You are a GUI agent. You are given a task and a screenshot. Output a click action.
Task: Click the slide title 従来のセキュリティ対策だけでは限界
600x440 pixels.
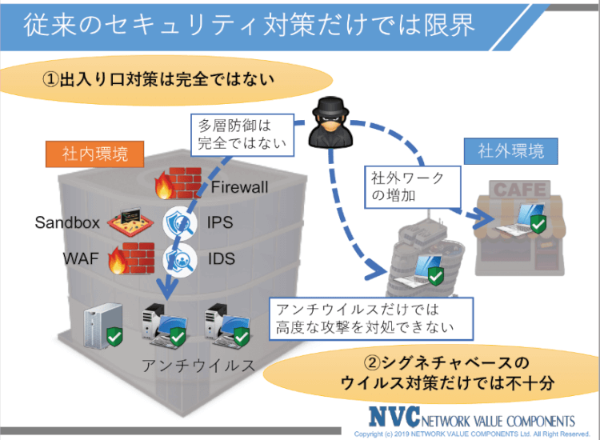click(x=248, y=25)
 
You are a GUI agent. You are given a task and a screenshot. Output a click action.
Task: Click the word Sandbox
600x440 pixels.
click(x=66, y=222)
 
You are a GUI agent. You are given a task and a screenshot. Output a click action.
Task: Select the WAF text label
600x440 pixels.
click(x=80, y=259)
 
